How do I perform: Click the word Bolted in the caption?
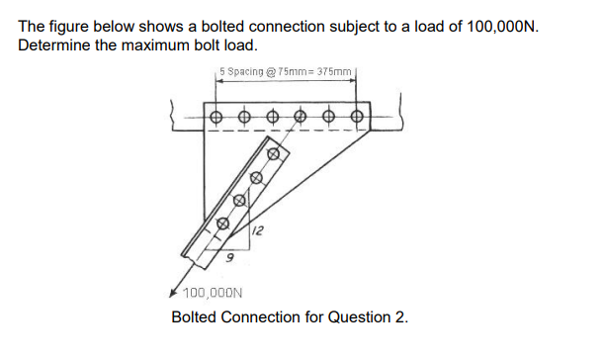[195, 317]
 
